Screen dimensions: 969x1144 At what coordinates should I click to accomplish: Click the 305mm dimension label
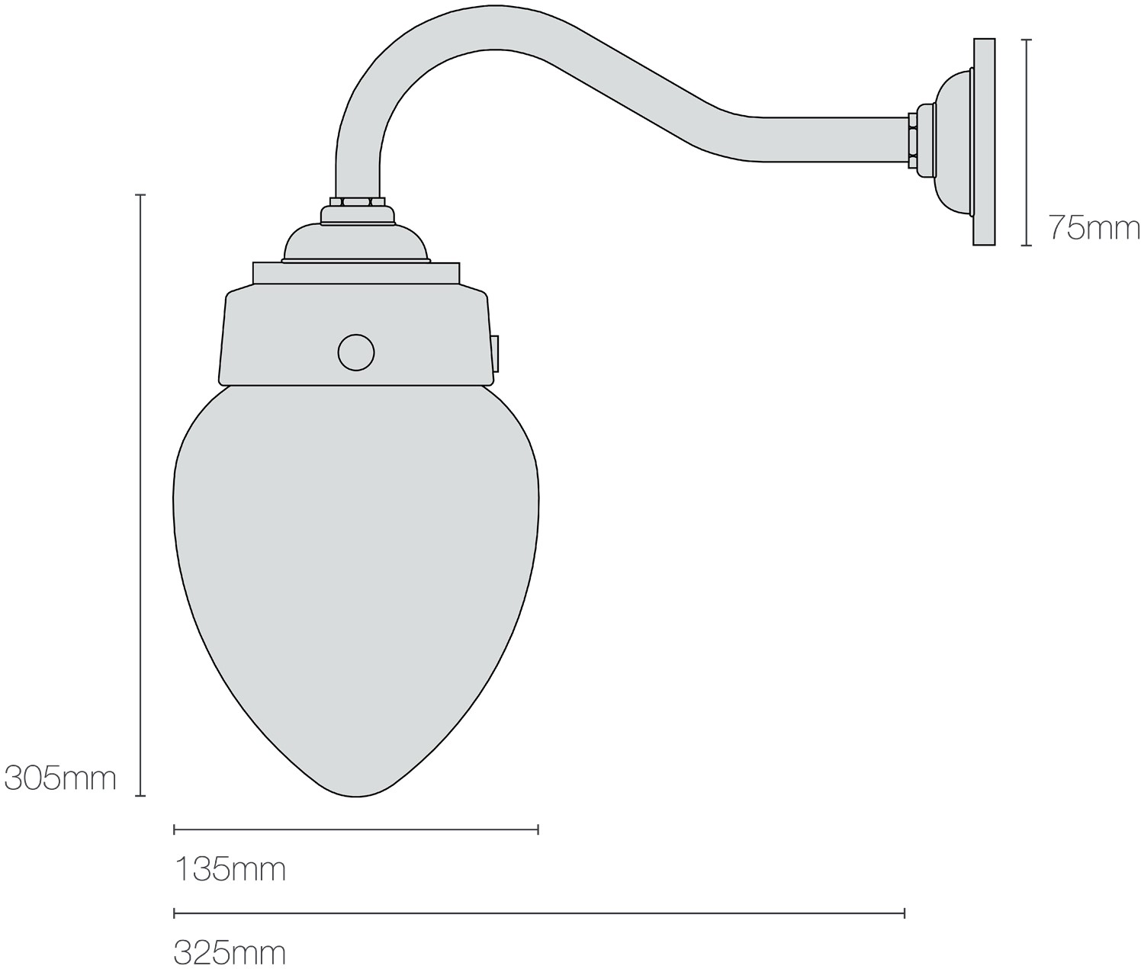[60, 778]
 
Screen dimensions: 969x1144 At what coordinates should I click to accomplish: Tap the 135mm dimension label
[230, 868]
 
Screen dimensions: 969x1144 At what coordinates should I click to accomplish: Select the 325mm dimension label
[230, 952]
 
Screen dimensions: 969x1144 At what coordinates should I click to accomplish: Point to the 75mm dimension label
[1094, 227]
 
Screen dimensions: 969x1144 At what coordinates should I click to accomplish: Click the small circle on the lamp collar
[356, 352]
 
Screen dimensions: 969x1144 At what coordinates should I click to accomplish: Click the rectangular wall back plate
[984, 142]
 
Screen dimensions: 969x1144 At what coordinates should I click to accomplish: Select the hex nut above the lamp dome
[356, 204]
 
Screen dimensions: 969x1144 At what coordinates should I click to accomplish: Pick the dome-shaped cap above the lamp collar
[356, 242]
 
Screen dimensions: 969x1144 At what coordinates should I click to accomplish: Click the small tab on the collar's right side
[495, 354]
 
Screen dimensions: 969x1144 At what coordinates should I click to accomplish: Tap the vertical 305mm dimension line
[140, 496]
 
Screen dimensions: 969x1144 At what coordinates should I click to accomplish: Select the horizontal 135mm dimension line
[356, 829]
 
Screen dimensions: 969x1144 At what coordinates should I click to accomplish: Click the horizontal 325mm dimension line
[538, 913]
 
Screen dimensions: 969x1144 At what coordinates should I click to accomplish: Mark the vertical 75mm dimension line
[1027, 142]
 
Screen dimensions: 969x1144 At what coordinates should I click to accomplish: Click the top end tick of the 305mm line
[140, 195]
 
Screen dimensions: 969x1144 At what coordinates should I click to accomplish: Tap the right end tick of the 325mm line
[905, 913]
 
